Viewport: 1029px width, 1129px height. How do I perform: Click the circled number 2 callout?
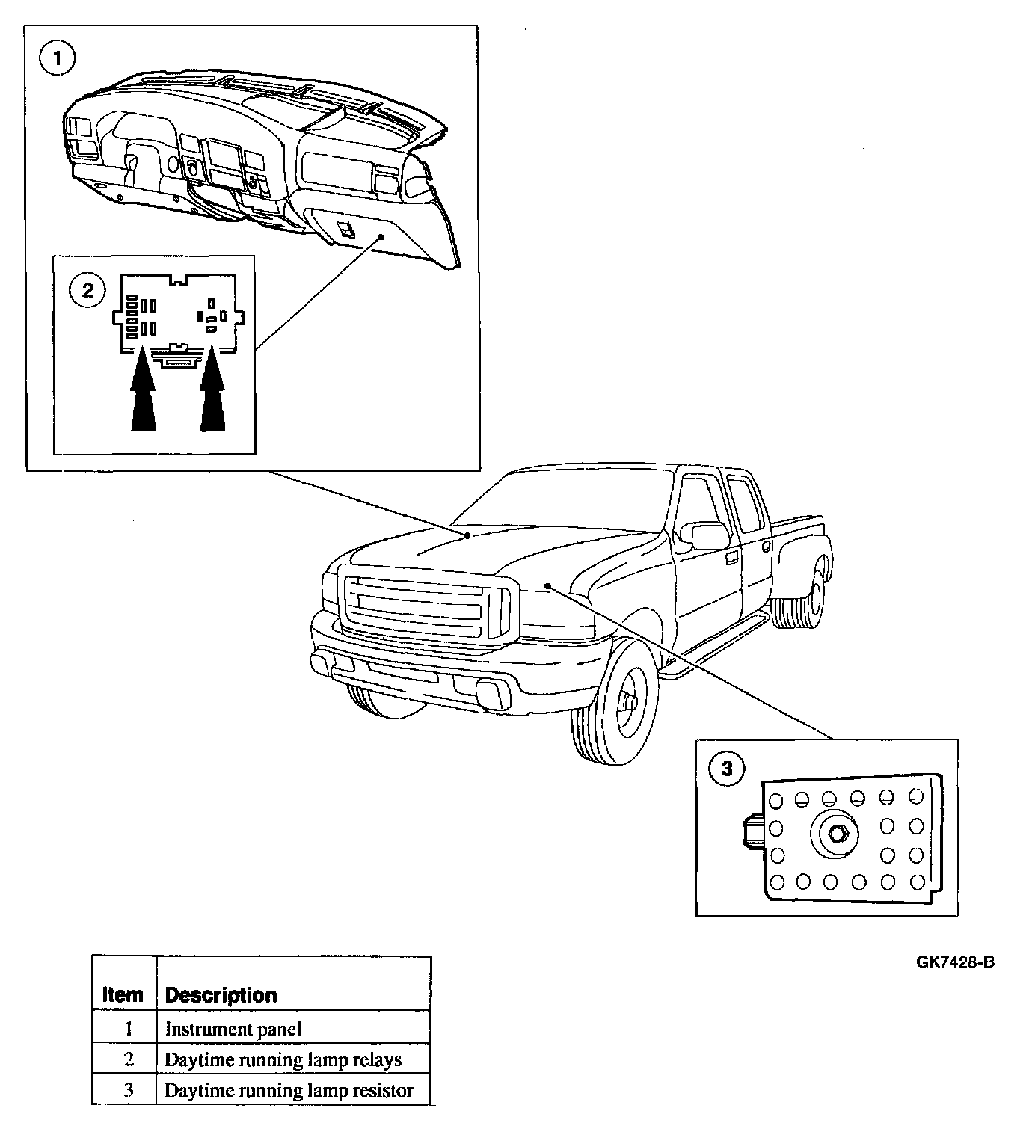point(87,290)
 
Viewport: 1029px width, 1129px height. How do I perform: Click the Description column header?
point(221,995)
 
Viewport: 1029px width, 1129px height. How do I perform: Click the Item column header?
point(123,995)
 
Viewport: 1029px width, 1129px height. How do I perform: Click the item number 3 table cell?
point(128,1090)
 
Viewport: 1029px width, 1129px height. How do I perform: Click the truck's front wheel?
point(616,703)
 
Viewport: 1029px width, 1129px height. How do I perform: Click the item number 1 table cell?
point(128,1029)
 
